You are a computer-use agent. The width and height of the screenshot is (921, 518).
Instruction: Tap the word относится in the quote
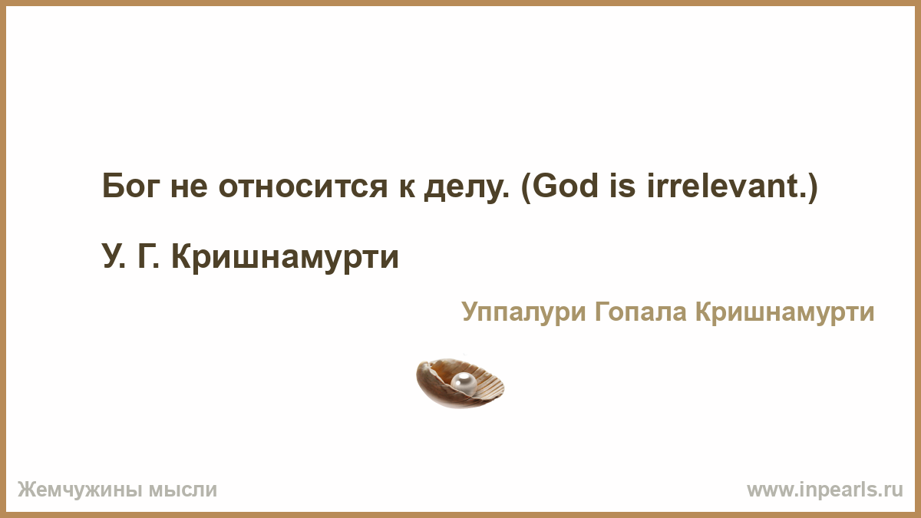click(303, 186)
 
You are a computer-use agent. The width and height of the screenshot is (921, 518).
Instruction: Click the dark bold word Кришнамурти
click(285, 258)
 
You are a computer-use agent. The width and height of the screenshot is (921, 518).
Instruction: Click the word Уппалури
click(523, 312)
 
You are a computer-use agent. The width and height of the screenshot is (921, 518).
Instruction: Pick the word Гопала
click(641, 312)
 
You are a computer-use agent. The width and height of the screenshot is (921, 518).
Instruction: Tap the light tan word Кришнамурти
click(784, 313)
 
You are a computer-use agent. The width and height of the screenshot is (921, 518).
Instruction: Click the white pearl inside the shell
click(464, 382)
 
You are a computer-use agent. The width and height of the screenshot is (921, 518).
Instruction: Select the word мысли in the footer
click(183, 490)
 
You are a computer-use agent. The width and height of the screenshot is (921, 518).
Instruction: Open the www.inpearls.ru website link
click(825, 490)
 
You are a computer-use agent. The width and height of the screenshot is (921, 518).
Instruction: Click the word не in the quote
click(189, 187)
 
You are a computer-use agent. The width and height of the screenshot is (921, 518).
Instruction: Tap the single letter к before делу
click(407, 187)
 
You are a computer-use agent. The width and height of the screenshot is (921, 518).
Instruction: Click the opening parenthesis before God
click(526, 187)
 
